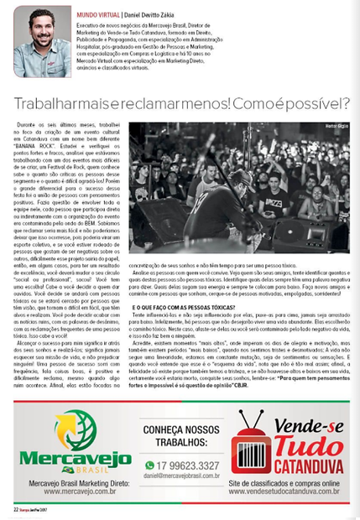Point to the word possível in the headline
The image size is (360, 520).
coord(312,102)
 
